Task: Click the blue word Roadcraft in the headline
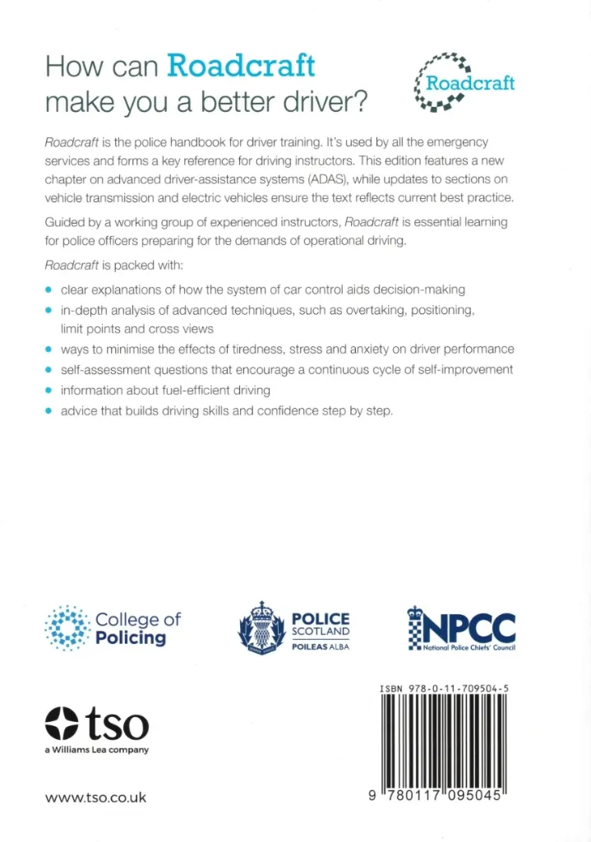241,65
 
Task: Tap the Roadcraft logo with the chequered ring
465,82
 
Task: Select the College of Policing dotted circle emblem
67,629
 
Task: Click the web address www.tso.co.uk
96,798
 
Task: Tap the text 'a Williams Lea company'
97,750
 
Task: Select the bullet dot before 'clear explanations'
49,289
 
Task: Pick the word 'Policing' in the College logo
131,638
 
